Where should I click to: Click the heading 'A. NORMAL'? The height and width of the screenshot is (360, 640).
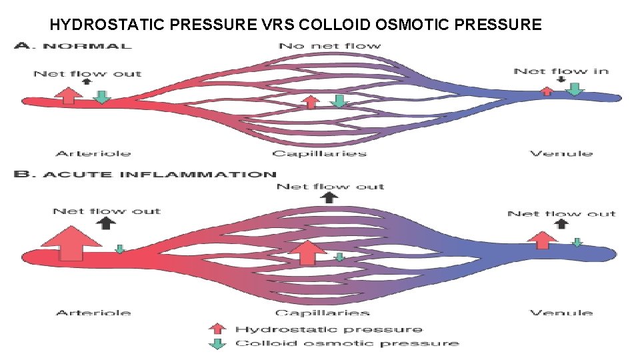tap(73, 46)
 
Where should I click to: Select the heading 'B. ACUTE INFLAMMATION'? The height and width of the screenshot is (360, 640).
tap(145, 175)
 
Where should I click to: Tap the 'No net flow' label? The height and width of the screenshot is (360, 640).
tap(329, 46)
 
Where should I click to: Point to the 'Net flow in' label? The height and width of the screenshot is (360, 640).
tap(561, 71)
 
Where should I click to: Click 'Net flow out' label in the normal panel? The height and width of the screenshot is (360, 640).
tap(87, 73)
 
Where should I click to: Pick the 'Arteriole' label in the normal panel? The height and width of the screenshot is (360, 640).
tap(93, 153)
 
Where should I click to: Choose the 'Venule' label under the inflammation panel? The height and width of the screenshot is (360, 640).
tap(561, 312)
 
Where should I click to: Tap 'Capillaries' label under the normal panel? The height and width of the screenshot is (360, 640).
tap(319, 153)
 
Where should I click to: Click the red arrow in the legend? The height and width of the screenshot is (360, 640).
tap(216, 328)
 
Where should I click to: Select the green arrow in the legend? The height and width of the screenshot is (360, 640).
tap(216, 343)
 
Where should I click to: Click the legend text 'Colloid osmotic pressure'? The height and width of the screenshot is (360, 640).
tap(347, 343)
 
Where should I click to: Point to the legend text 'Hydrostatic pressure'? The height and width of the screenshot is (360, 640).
tap(329, 329)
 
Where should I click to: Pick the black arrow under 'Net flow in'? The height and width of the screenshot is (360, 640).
tap(561, 80)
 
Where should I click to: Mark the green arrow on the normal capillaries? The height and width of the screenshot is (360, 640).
tap(339, 101)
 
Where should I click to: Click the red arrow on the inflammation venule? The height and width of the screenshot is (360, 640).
tap(543, 239)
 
